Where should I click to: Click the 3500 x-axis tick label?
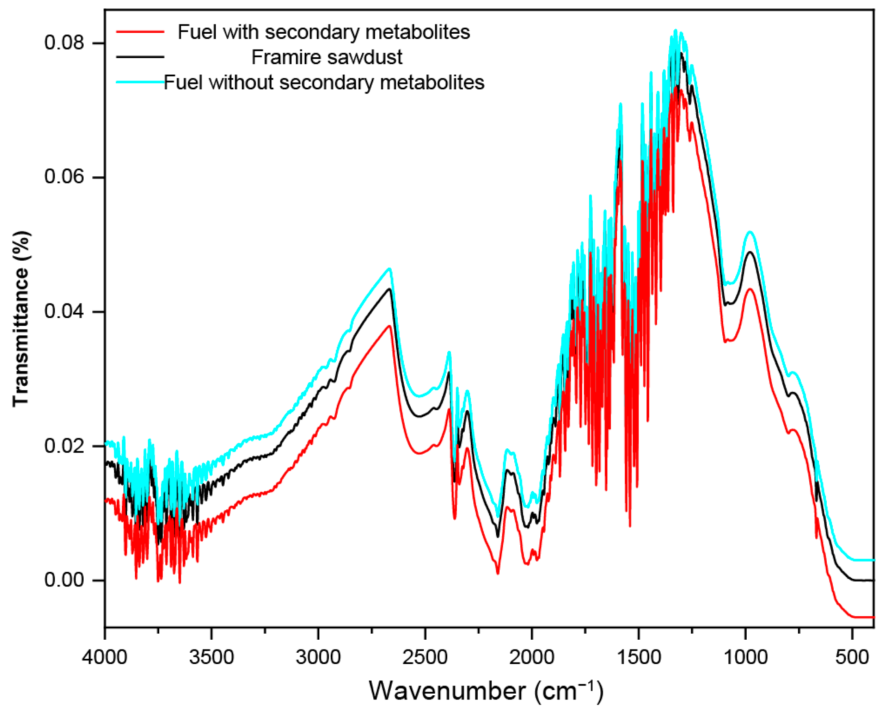(x=211, y=657)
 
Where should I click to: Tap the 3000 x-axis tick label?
(x=318, y=657)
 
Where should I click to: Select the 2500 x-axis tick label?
(x=425, y=657)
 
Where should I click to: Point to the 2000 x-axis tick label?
(x=532, y=657)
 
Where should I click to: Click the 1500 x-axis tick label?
(x=639, y=657)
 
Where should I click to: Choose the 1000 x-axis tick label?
(x=745, y=657)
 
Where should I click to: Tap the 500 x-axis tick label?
(x=852, y=657)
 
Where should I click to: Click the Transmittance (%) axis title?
(x=21, y=319)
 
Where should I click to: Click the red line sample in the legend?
(x=140, y=32)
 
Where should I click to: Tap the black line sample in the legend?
(x=140, y=57)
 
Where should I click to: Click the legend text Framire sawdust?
(x=327, y=57)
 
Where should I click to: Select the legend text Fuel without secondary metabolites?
(x=324, y=83)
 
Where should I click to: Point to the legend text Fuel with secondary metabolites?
(x=324, y=32)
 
